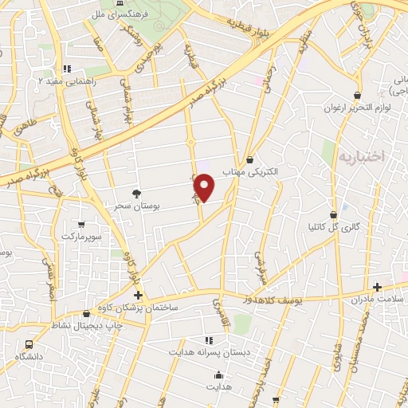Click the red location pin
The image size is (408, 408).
(205, 187)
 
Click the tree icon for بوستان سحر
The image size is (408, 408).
(137, 194)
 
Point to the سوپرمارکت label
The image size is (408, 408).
(82, 237)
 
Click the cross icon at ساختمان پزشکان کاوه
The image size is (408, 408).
(139, 296)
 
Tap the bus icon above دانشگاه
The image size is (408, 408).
(29, 343)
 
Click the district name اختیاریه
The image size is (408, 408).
(361, 156)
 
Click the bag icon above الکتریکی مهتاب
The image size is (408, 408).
(251, 159)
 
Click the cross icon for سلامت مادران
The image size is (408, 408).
(378, 287)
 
